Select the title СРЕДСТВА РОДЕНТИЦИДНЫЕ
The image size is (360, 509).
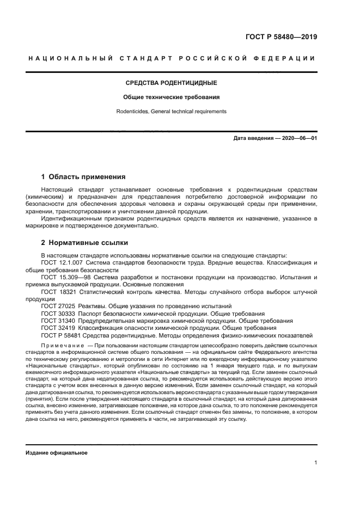point(171,83)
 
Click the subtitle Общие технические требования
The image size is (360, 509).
point(171,97)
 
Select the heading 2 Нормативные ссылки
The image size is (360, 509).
point(85,243)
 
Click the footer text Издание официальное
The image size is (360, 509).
point(57,452)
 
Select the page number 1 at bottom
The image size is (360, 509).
point(316,463)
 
